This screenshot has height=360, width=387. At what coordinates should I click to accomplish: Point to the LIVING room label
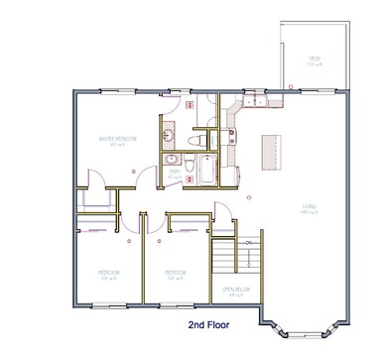[x=309, y=208]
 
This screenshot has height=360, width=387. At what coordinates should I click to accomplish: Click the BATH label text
[x=175, y=172]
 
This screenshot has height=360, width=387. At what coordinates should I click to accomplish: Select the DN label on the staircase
[x=248, y=241]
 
